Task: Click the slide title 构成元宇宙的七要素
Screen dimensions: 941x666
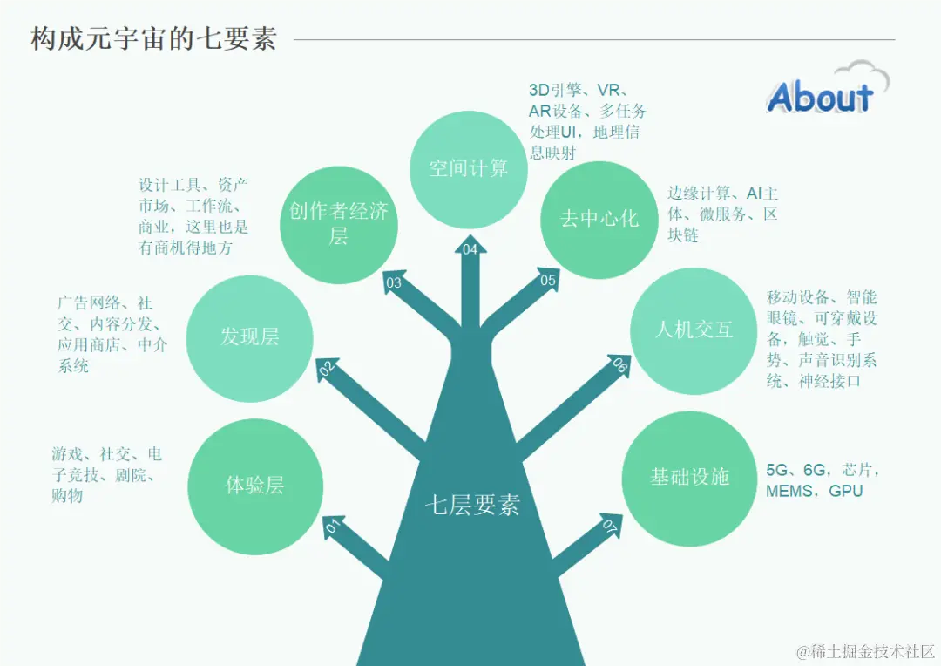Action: [x=153, y=39]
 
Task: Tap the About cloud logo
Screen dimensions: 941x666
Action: [x=823, y=92]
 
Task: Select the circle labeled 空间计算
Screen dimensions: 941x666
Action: [x=469, y=168]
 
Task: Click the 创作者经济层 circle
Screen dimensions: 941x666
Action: [x=339, y=222]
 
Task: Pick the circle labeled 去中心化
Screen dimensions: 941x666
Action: [x=599, y=218]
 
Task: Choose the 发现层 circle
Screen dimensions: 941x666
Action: [x=250, y=337]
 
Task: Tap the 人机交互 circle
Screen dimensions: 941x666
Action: [x=694, y=330]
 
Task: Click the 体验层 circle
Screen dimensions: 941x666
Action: [x=254, y=486]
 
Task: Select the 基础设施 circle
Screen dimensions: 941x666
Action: [x=689, y=477]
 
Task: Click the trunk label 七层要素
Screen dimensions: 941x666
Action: [x=472, y=506]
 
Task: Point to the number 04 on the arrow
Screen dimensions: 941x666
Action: [x=470, y=250]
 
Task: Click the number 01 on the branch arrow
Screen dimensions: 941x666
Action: [x=332, y=527]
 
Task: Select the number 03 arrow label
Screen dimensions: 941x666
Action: [x=394, y=282]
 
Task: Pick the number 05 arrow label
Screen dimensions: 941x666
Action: [x=548, y=280]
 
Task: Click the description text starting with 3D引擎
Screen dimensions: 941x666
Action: [x=586, y=121]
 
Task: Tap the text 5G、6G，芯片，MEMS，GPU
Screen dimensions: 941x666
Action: [x=823, y=480]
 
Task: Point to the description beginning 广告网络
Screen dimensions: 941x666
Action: [x=112, y=335]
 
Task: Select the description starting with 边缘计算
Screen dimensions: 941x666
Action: [x=722, y=214]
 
